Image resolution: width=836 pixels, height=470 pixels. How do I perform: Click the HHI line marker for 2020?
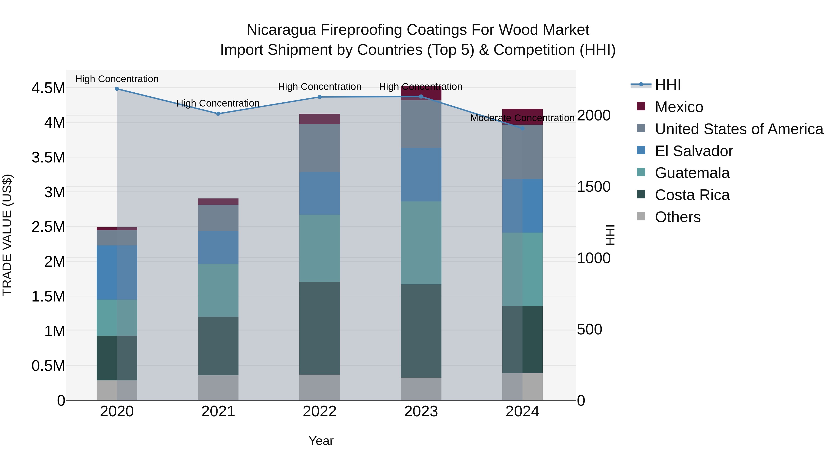(117, 89)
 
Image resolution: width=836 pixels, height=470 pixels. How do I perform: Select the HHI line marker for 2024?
(522, 128)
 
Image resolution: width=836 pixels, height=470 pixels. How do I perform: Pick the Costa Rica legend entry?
(692, 195)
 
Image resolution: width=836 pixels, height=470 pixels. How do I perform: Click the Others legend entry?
(677, 217)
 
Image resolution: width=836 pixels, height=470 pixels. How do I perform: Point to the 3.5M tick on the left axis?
(48, 158)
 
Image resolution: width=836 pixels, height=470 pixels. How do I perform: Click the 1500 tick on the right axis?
(594, 187)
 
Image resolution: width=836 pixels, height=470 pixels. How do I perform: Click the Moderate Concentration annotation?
(522, 118)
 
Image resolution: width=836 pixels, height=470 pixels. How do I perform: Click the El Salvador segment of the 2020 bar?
(117, 272)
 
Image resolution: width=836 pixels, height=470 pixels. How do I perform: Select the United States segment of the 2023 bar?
(421, 124)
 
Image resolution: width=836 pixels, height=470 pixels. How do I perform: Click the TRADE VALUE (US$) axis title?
(7, 235)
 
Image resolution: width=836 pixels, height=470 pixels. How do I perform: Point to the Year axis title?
(321, 441)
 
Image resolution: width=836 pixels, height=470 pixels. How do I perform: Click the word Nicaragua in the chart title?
(281, 30)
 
